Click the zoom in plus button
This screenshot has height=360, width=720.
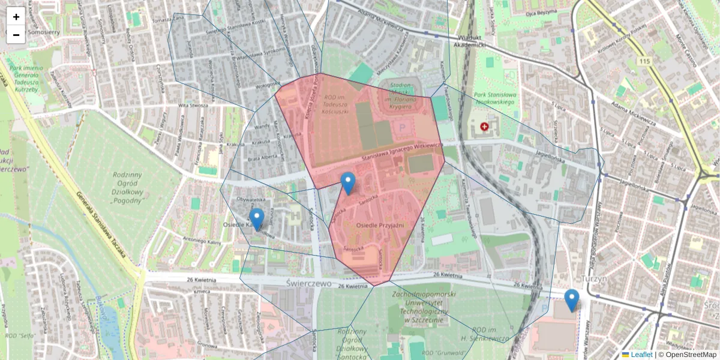(16, 17)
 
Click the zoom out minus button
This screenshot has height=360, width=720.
(16, 35)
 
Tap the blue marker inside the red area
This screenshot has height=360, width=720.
(347, 182)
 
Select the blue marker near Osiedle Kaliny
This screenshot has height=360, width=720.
(257, 218)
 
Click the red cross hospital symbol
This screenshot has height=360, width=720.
(484, 127)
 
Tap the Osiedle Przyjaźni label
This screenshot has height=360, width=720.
(380, 224)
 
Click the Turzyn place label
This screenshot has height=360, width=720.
(595, 279)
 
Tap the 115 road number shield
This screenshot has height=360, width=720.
(644, 61)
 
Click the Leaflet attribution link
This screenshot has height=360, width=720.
(641, 355)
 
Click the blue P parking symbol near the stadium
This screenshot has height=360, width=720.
(403, 127)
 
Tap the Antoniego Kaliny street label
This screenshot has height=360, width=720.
(202, 241)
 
